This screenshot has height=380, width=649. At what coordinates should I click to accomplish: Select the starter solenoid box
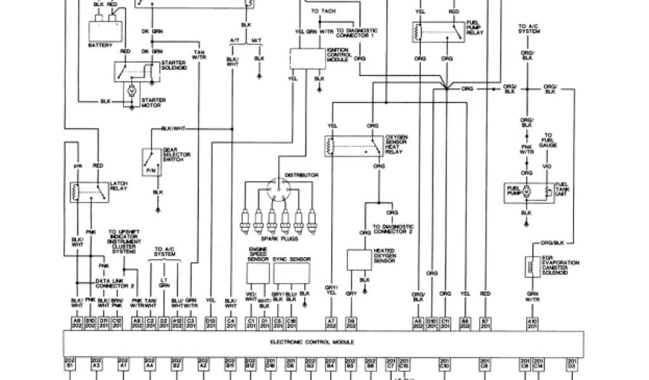[x=134, y=72]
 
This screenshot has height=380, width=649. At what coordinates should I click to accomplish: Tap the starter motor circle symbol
[x=132, y=91]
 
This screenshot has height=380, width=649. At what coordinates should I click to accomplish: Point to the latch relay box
[x=89, y=193]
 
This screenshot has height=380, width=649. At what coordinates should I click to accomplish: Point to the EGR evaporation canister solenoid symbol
[x=530, y=265]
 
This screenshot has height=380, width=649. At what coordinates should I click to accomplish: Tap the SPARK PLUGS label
[x=283, y=239]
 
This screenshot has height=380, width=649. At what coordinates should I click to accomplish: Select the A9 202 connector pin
[x=76, y=324]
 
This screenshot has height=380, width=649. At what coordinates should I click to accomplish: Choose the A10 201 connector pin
[x=532, y=324]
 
